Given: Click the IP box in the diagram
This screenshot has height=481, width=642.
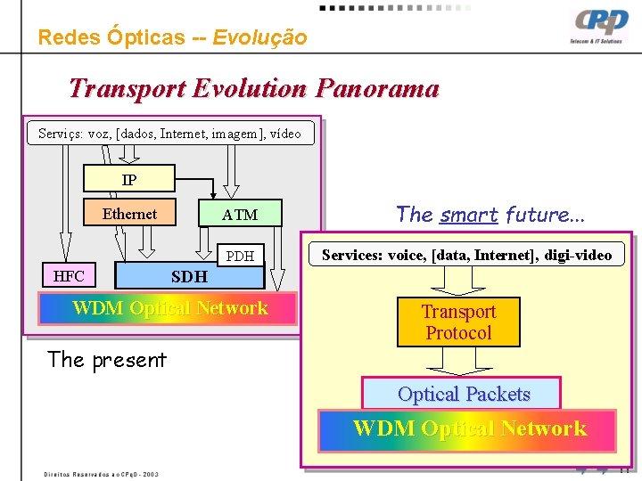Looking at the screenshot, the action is pos(129,180).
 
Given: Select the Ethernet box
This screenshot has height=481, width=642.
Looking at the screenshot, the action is pos(129,214).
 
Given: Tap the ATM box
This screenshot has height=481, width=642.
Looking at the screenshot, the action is pos(239,215).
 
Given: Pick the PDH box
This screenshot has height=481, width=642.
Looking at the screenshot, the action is pos(240,257).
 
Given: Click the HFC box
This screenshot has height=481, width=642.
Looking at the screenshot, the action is pos(69,276).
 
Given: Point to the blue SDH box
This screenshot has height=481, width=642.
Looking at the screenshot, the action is pos(189,276).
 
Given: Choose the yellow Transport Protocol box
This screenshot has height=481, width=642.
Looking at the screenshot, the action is pos(457,322).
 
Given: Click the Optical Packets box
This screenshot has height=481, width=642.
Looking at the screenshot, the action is pos(463,394).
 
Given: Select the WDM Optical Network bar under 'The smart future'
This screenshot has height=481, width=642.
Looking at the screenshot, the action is pos(469,428).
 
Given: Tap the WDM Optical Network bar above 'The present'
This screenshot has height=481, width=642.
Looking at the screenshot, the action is pos(169,308).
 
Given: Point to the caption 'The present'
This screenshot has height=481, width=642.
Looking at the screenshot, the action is pos(106,360).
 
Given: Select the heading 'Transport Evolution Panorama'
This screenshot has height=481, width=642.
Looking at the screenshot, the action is pos(253,89).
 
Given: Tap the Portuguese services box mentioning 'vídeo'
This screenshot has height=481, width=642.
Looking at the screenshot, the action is pos(170,134).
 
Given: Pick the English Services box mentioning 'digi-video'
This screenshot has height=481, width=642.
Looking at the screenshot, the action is pos(466,255).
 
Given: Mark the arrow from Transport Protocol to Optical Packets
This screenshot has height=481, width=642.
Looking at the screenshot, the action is pos(457,361).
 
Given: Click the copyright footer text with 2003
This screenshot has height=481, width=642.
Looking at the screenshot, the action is pos(102,474).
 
